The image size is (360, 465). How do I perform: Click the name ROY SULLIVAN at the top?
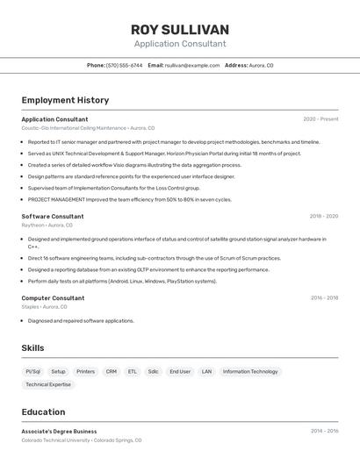(x=180, y=29)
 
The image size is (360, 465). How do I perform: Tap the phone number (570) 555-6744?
(x=124, y=65)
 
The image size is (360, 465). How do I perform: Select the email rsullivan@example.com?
(x=192, y=65)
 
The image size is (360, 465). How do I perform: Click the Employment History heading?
(x=65, y=100)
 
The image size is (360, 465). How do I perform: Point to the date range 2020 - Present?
(x=320, y=119)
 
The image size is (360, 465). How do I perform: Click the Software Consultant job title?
(x=53, y=216)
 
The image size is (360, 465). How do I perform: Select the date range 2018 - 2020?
(x=323, y=216)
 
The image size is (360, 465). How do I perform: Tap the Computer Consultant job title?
(x=53, y=298)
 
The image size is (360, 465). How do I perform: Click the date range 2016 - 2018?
(x=324, y=298)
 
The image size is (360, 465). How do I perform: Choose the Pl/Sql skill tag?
(x=33, y=371)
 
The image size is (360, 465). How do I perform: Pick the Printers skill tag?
(x=85, y=371)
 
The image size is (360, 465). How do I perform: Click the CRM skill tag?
(x=112, y=371)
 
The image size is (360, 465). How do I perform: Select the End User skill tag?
(x=180, y=371)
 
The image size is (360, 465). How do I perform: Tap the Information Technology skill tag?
(x=250, y=371)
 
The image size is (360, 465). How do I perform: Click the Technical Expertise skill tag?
(x=48, y=384)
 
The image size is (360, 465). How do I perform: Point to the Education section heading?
(x=43, y=411)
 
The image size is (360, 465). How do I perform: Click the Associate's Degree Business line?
(x=59, y=431)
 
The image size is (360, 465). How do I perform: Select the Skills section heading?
(x=33, y=348)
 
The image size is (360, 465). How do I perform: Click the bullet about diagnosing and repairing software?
(x=81, y=321)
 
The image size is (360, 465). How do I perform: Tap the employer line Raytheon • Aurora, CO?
(x=47, y=225)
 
